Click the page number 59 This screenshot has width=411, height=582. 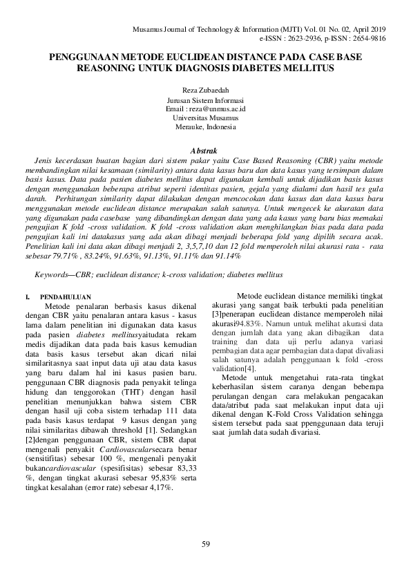[205, 545]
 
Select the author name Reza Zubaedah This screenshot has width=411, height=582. [205, 91]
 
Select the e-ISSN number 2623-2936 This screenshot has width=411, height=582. [297, 39]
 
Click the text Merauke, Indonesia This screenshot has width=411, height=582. [205, 127]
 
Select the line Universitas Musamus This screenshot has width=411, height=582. [205, 118]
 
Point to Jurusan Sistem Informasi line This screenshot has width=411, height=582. [205, 100]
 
